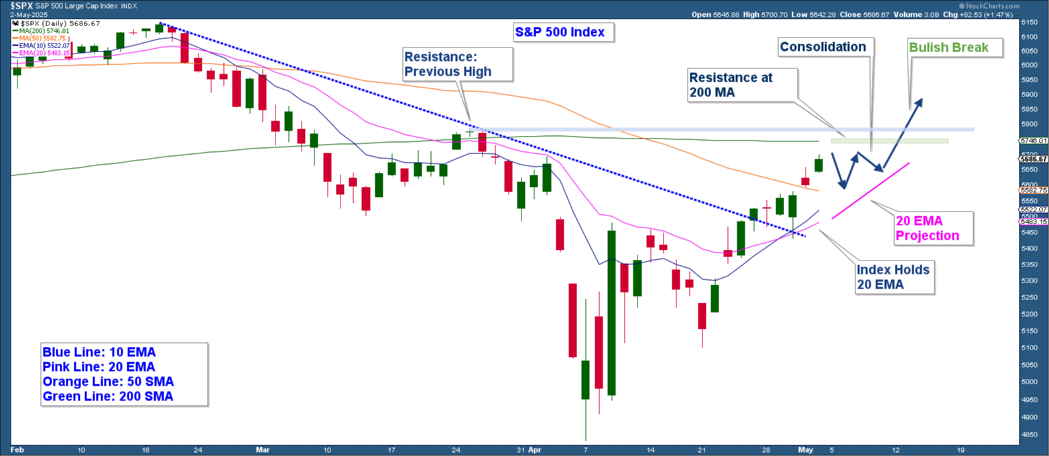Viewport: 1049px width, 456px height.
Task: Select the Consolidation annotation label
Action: (822, 47)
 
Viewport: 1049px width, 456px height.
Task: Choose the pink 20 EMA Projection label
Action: (927, 228)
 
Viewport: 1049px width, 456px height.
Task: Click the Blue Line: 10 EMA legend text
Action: (99, 352)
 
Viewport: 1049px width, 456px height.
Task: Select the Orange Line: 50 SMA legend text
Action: (108, 382)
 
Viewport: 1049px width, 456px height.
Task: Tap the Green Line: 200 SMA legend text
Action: (108, 396)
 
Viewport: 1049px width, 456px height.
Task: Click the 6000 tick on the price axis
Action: (1029, 66)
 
